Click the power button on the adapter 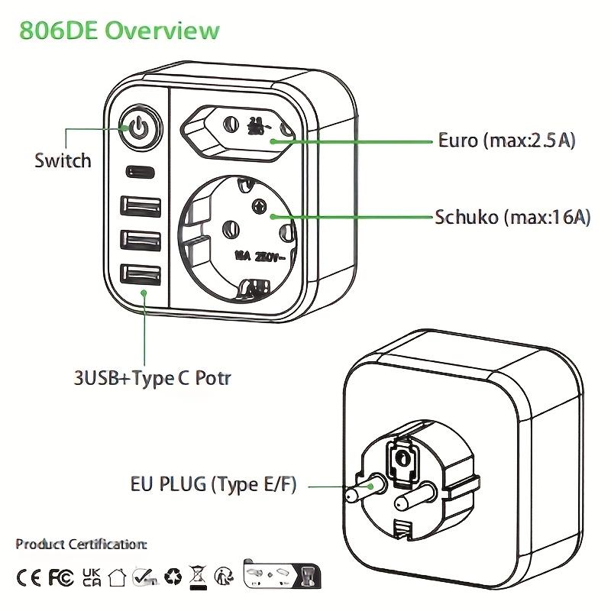[137, 128]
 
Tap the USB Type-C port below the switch [139, 171]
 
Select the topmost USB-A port [141, 208]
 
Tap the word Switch [63, 160]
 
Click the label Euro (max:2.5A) [506, 141]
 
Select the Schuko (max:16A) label [512, 217]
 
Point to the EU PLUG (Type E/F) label [212, 484]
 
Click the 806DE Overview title [119, 31]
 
